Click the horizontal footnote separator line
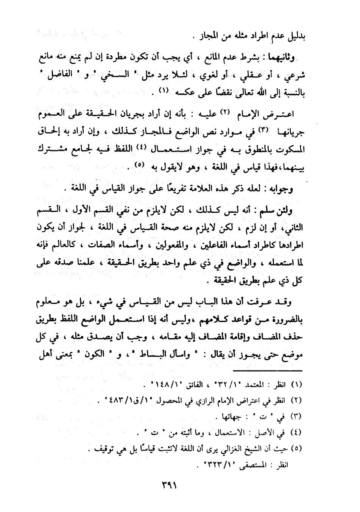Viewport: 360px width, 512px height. point(267,370)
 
